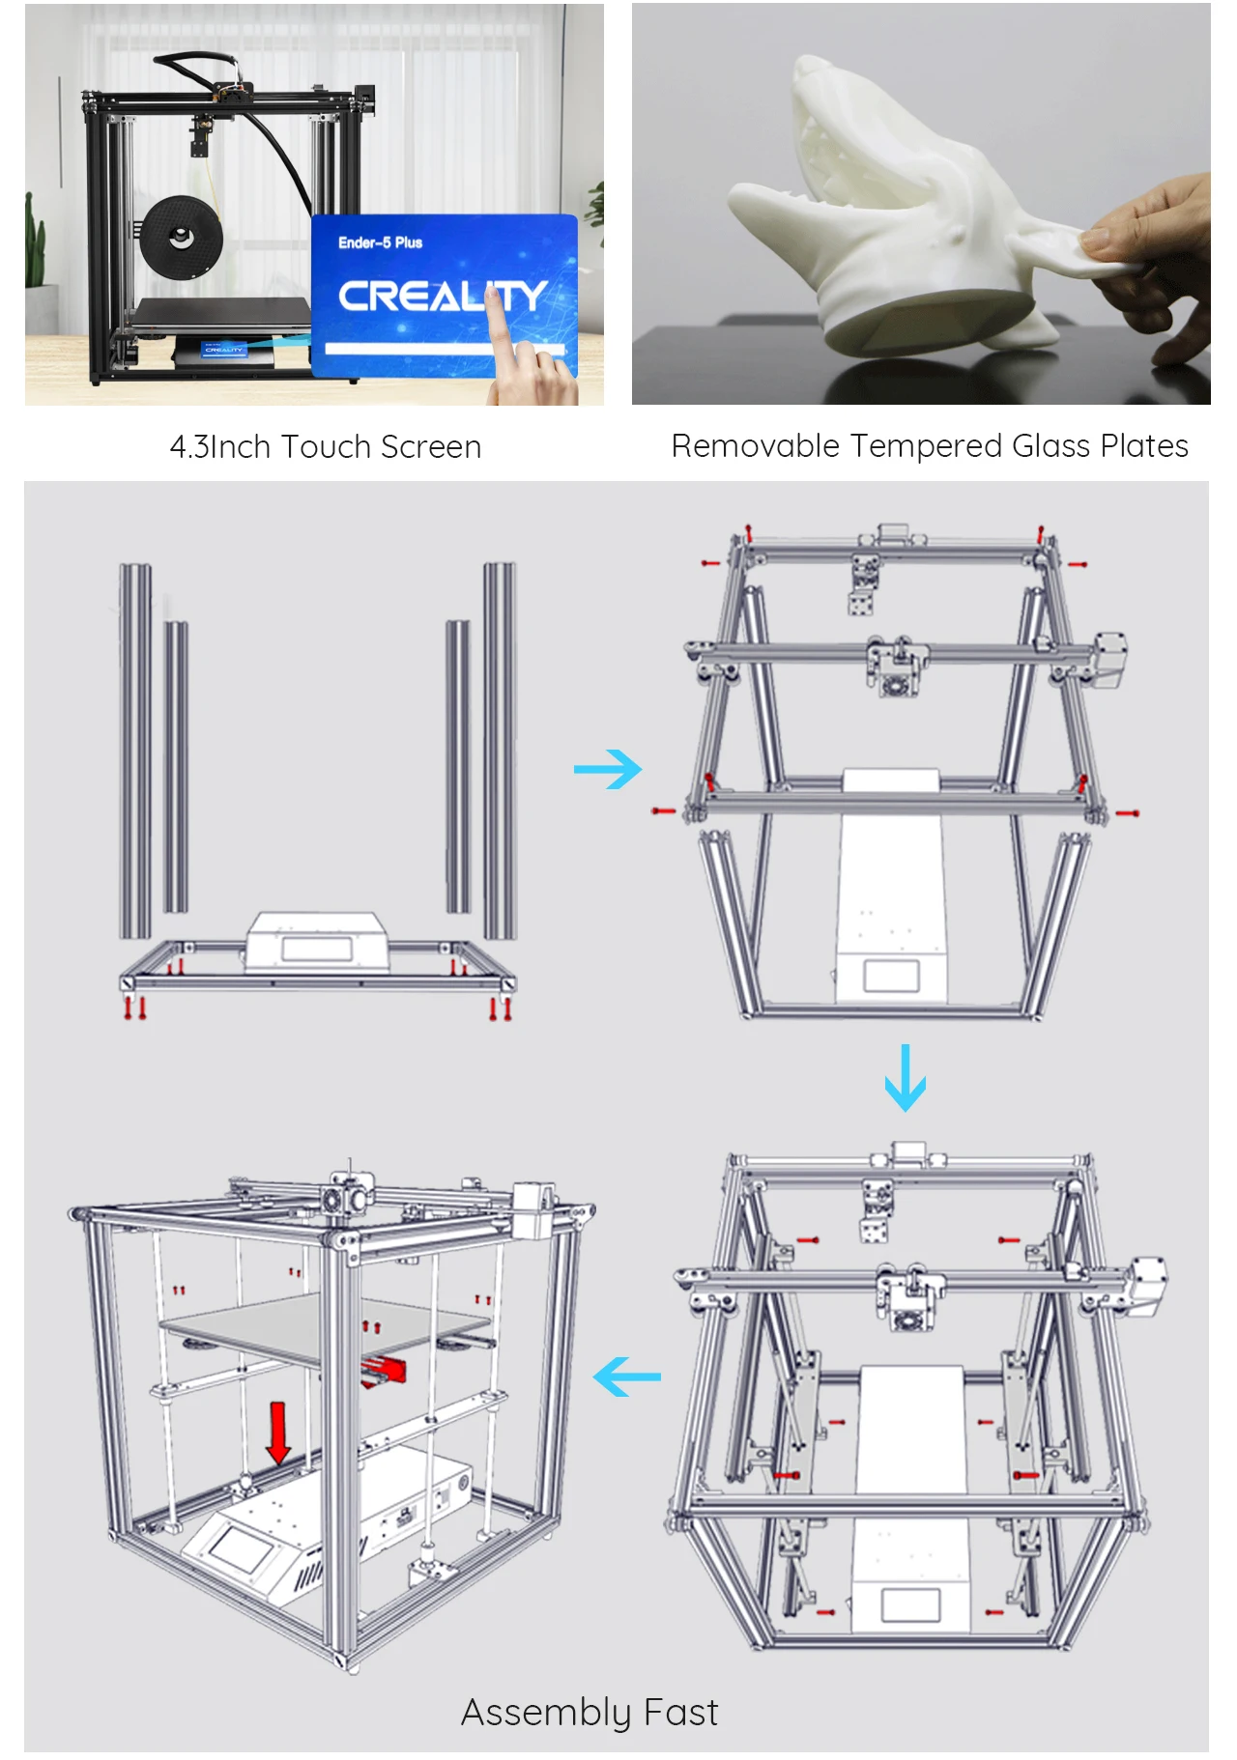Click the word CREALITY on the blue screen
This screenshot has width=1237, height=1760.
pyautogui.click(x=443, y=296)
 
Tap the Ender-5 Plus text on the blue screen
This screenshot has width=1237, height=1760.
pyautogui.click(x=380, y=242)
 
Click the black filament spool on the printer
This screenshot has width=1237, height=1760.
pyautogui.click(x=181, y=235)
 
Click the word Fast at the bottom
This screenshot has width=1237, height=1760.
pyautogui.click(x=681, y=1713)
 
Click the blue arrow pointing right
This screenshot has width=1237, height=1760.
pyautogui.click(x=608, y=769)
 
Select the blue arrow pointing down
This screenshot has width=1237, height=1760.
pyautogui.click(x=906, y=1077)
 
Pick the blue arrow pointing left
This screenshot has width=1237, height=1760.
pyautogui.click(x=627, y=1377)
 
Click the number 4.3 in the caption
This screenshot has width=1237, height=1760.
pyautogui.click(x=189, y=447)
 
